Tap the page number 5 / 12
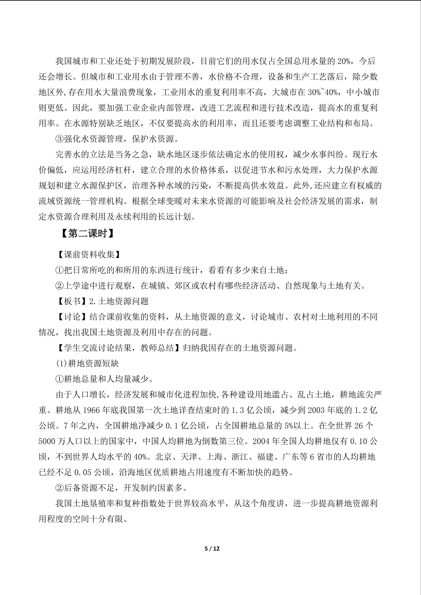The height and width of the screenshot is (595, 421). click(x=212, y=549)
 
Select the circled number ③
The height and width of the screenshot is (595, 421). click(x=60, y=139)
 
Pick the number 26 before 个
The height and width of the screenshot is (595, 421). click(x=359, y=426)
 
